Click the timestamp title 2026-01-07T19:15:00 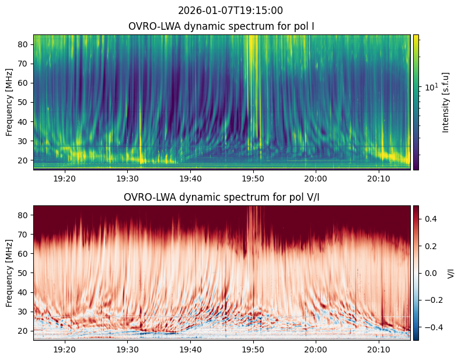click(x=230, y=11)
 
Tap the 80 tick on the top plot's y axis click(x=25, y=44)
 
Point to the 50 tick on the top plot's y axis click(x=25, y=102)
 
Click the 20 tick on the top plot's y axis click(x=25, y=160)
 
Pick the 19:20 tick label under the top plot click(x=65, y=177)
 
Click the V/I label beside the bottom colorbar click(x=450, y=273)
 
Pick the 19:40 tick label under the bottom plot click(x=190, y=348)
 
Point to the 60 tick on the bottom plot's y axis click(x=25, y=254)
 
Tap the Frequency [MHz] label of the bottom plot click(x=9, y=273)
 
